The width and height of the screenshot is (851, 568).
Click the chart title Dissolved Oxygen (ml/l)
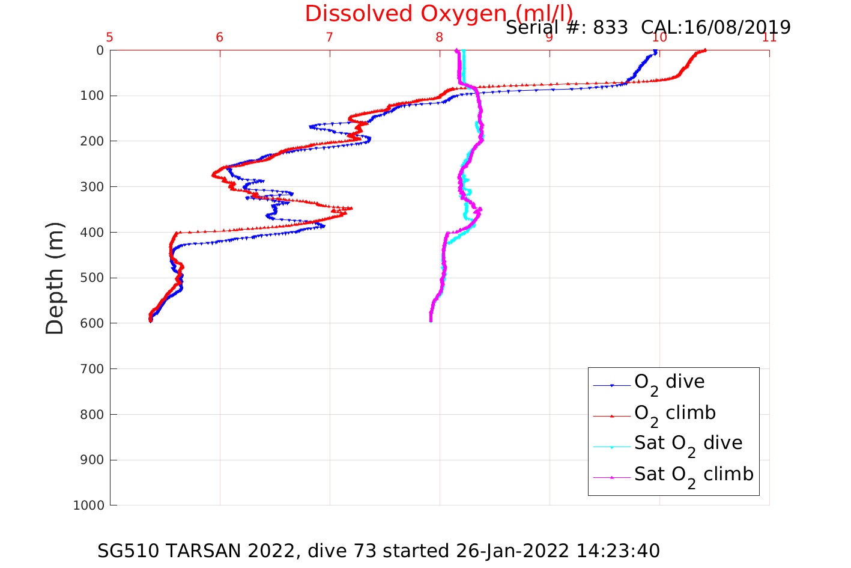click(x=438, y=13)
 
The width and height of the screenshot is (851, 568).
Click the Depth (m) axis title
click(x=55, y=278)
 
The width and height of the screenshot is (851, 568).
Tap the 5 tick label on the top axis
click(x=110, y=38)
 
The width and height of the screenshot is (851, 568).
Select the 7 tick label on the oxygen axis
click(x=329, y=38)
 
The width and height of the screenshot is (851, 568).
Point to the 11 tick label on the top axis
click(x=769, y=38)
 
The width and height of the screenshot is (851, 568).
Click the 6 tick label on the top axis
click(x=220, y=38)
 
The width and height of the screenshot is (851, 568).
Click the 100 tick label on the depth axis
click(x=92, y=96)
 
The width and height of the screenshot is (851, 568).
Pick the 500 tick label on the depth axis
click(x=92, y=278)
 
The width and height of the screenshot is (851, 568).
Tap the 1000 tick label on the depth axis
click(x=89, y=505)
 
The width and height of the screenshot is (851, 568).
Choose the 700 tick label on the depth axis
click(x=92, y=369)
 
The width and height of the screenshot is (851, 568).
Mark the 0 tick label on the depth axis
click(x=100, y=50)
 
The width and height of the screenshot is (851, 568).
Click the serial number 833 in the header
click(x=610, y=27)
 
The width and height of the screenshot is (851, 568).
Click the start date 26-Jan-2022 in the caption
click(x=512, y=551)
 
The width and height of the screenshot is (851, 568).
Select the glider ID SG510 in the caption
click(x=129, y=551)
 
